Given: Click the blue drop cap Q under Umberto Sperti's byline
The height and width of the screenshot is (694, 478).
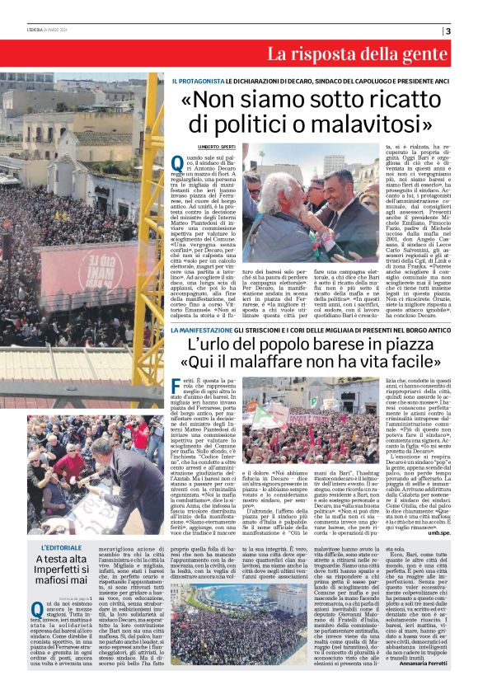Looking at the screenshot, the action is (x=177, y=163).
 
